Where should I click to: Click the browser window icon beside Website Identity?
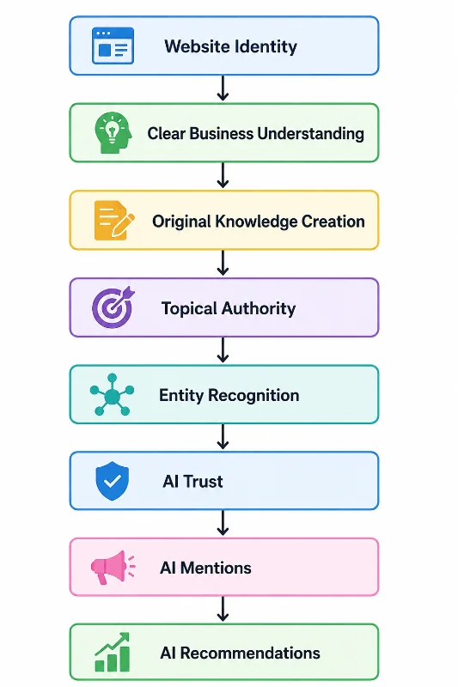point(113,46)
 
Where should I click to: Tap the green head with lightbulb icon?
point(113,133)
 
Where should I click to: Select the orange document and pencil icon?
point(114,221)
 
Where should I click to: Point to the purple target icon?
point(113,307)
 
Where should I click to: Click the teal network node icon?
point(113,395)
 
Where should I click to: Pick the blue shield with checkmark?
point(113,481)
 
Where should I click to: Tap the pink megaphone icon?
point(113,568)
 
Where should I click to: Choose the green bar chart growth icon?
point(113,652)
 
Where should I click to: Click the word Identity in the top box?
point(265,47)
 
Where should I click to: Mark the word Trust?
point(203,482)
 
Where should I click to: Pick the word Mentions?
point(216,568)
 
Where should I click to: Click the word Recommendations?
point(250,654)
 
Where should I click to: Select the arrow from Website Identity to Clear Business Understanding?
point(223,88)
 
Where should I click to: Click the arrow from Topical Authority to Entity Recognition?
point(223,350)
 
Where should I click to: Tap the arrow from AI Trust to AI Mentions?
point(223,523)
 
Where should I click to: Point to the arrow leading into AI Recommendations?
point(223,609)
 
